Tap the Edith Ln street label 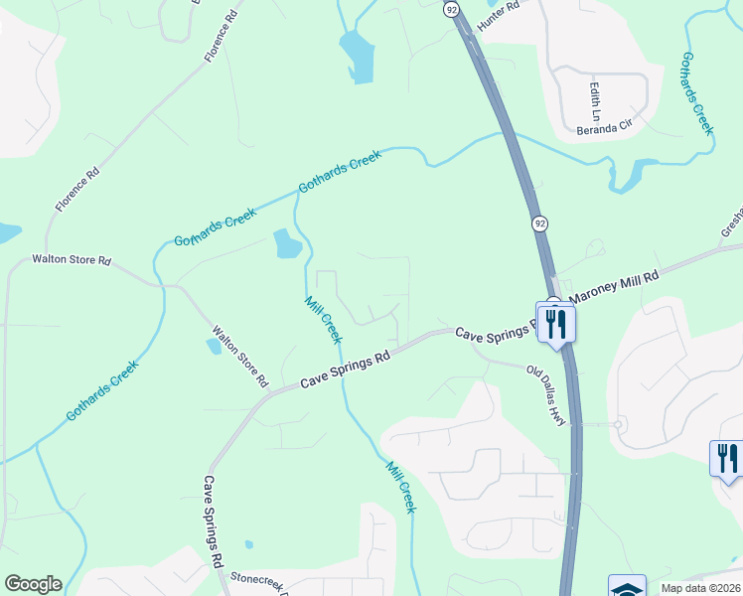pos(595,97)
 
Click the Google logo pos(33,584)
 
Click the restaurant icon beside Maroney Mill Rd pos(555,322)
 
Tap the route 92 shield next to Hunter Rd pos(452,9)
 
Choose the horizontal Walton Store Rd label pos(72,260)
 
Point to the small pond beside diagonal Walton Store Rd pos(214,347)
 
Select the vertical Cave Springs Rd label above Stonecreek pos(213,521)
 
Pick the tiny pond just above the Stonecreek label pos(248,544)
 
